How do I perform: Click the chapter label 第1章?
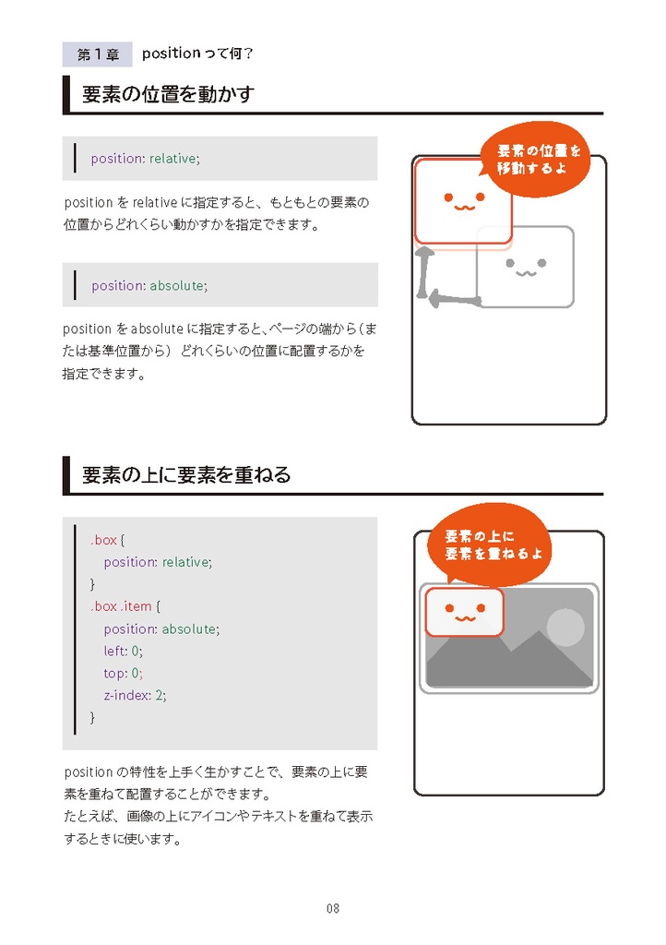97,54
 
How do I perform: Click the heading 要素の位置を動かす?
167,95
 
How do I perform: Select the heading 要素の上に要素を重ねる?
186,475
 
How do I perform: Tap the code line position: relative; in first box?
145,159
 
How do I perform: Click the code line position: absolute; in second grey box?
149,286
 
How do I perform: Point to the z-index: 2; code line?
135,695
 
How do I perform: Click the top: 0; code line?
123,673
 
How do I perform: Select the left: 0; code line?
123,651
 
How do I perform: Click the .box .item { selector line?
125,606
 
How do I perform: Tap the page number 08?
333,908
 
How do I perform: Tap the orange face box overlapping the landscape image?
464,612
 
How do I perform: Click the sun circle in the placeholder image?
565,628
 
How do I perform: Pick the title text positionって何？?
197,54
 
